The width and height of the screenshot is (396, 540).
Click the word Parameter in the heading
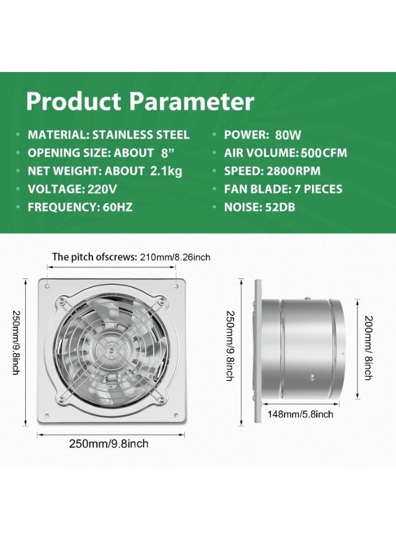[x=191, y=101]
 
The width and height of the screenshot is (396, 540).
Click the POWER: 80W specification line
[x=262, y=134]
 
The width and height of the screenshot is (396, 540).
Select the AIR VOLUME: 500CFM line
[x=286, y=153]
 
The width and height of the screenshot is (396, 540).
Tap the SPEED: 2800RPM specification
[x=272, y=171]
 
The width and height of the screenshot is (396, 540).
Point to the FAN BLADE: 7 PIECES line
[x=283, y=189]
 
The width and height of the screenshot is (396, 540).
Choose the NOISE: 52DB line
[x=259, y=207]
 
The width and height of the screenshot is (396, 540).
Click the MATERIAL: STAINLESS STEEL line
[x=109, y=134]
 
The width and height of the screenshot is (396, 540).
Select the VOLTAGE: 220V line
[x=73, y=189]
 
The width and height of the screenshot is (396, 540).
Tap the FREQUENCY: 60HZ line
[x=80, y=207]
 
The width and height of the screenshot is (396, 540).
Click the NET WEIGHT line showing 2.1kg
[x=104, y=171]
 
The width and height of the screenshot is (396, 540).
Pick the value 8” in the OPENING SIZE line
[x=167, y=153]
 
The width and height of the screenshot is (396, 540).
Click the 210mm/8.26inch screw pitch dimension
[x=175, y=257]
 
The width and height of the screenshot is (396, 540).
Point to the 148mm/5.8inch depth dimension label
[x=300, y=413]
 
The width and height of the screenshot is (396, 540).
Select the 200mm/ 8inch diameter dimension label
[x=368, y=347]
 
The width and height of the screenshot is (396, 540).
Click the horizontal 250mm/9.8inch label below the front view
[x=109, y=443]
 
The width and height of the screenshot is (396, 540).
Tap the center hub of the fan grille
[x=111, y=350]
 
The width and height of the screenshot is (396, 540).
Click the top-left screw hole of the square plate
[x=47, y=286]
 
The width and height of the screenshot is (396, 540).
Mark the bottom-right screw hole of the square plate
[x=176, y=415]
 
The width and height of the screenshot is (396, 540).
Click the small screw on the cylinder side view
[x=313, y=377]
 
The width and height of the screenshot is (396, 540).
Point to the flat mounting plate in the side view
[x=258, y=351]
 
